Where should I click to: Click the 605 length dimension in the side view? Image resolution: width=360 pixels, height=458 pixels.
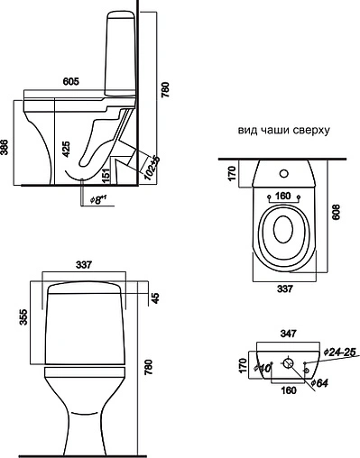coord(71,81)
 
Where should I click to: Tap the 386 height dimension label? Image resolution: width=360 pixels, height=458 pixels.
coord(5,147)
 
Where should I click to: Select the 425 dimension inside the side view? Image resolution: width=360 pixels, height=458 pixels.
coord(66,149)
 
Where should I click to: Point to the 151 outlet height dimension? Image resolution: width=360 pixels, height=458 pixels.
coord(106,176)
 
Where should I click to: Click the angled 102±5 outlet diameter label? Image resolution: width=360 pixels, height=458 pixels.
coord(152,168)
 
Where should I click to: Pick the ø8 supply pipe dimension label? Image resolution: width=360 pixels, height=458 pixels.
coord(97,200)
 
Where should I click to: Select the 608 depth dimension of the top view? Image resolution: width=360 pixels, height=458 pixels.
coord(336,212)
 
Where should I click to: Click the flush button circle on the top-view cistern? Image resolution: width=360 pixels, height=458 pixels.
coord(283,173)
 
